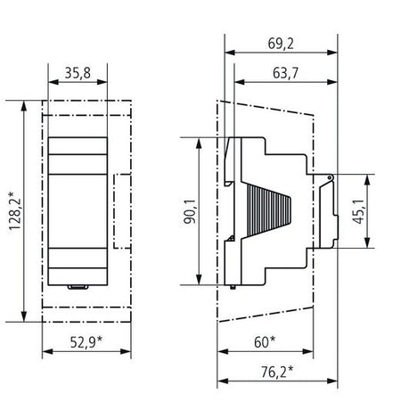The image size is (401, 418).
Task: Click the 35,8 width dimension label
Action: point(78,73)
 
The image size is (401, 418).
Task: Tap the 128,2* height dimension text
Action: point(15,211)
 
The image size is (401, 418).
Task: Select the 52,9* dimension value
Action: point(86,342)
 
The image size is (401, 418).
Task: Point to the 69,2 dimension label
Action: point(281,44)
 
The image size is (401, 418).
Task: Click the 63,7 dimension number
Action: point(285,73)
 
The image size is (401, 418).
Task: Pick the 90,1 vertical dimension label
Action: point(190,211)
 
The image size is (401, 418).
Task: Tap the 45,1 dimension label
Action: point(359,211)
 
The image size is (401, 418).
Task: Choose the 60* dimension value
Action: point(265,342)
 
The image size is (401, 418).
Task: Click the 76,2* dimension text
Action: point(277,372)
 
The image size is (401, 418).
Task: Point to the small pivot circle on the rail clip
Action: point(330,177)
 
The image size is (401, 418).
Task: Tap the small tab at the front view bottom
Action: point(78,287)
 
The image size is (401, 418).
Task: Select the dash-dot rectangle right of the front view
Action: point(122,211)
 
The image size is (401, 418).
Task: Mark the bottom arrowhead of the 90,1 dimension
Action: point(199,279)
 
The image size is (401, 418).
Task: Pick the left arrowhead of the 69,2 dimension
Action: point(230,53)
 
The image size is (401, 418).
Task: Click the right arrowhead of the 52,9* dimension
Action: point(126,351)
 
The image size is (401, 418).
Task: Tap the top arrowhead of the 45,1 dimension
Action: point(368,180)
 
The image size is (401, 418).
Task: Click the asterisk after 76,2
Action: point(291,369)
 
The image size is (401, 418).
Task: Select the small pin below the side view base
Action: point(233,287)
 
